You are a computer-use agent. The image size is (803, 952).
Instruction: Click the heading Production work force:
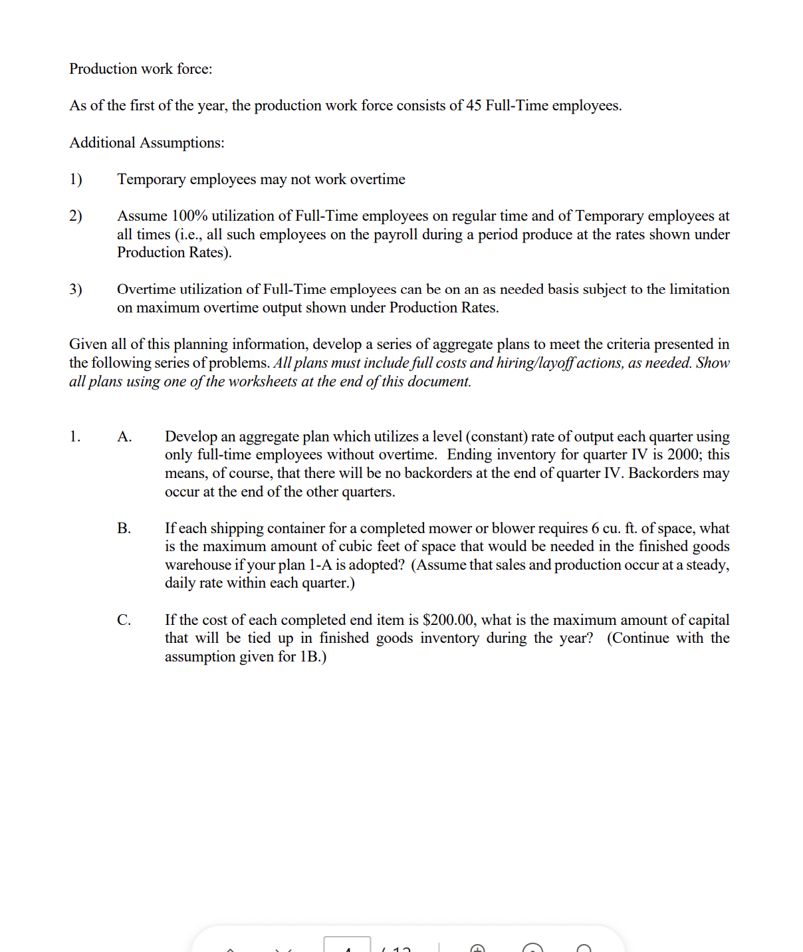pyautogui.click(x=141, y=69)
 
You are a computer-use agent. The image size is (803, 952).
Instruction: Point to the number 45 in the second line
pyautogui.click(x=473, y=106)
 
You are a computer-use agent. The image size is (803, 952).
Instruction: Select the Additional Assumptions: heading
pyautogui.click(x=147, y=143)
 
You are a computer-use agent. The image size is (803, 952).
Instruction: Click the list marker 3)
pyautogui.click(x=76, y=289)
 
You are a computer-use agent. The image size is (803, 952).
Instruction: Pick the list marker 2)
pyautogui.click(x=76, y=216)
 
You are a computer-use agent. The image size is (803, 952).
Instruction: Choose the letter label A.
pyautogui.click(x=124, y=437)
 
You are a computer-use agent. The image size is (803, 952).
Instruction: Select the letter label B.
pyautogui.click(x=124, y=529)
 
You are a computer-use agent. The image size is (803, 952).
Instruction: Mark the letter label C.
pyautogui.click(x=124, y=620)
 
